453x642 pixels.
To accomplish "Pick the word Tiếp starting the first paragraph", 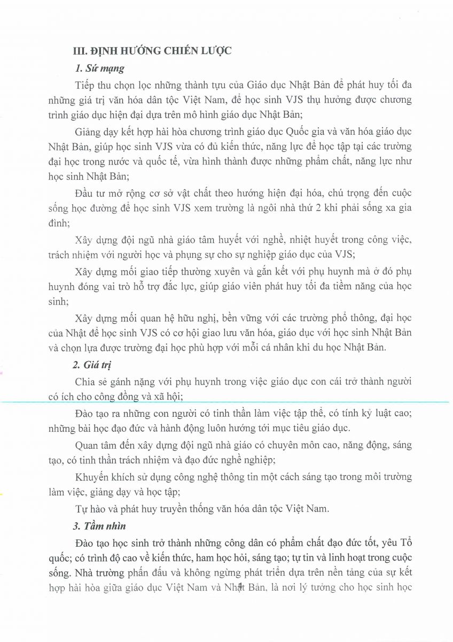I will (85, 86).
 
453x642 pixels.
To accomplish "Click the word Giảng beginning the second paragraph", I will (89, 132).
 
